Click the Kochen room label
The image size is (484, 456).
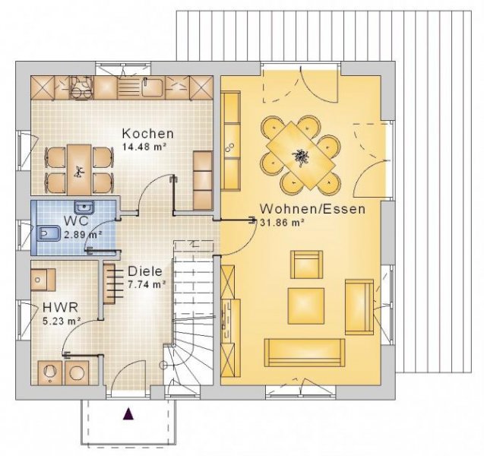coord(147,134)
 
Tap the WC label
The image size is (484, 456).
coord(75,221)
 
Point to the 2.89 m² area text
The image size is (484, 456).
coord(82,235)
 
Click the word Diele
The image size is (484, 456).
coord(144,271)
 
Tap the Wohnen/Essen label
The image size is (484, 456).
coord(312,209)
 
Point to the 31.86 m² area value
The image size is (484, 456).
coord(282,223)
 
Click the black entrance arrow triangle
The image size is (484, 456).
coord(128,413)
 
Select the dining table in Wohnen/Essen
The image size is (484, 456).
coord(301,154)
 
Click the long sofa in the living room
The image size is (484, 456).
coord(304,351)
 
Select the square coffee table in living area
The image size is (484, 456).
coord(306,303)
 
